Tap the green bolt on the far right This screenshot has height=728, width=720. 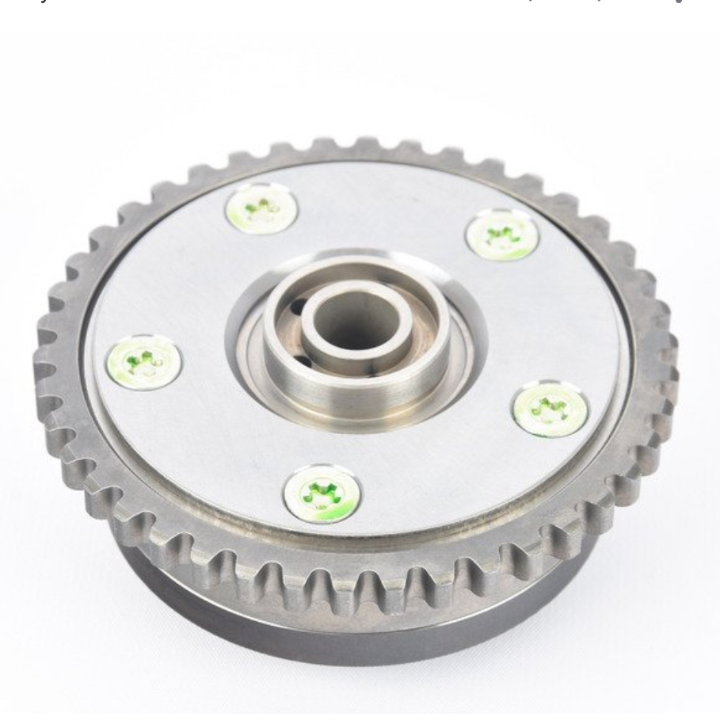[550, 410]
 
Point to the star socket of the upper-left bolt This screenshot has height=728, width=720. [261, 209]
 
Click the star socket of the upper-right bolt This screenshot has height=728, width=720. [502, 234]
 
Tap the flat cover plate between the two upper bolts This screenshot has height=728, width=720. [380, 206]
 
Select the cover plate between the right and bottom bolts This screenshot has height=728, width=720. [451, 467]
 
